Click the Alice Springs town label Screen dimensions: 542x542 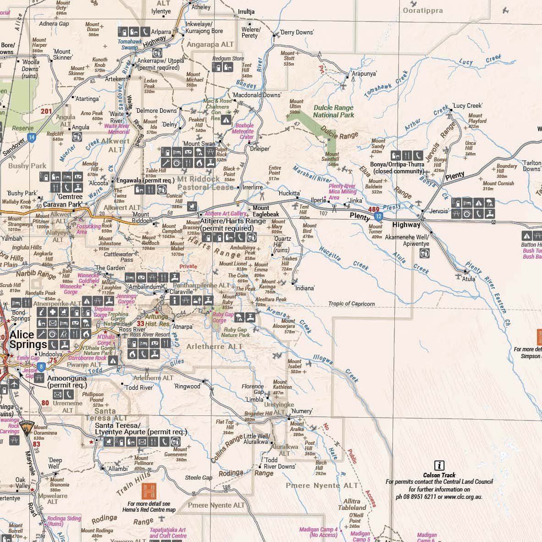point(28,339)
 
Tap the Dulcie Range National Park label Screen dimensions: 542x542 point(333,111)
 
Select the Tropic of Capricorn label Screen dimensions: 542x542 point(352,304)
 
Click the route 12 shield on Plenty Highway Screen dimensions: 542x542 point(377,216)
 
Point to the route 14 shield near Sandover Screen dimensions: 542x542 point(31,137)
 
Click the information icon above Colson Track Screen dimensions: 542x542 point(439,465)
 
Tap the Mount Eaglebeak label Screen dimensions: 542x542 point(266,211)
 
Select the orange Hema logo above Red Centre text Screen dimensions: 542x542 point(149,491)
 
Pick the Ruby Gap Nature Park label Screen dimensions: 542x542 point(236,332)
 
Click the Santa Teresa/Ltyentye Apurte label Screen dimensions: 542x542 point(141,429)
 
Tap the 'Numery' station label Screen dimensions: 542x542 point(301,411)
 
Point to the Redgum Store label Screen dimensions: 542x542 point(228,59)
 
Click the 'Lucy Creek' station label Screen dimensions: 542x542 point(467,105)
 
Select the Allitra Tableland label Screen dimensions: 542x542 point(352,504)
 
